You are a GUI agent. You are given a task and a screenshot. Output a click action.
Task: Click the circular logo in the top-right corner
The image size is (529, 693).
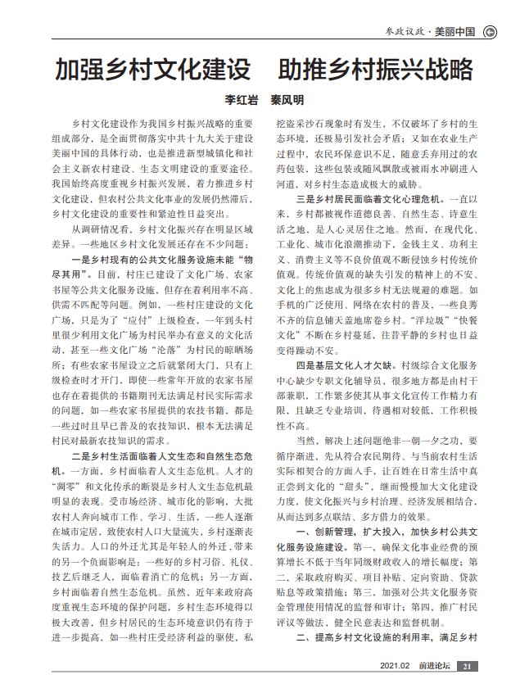click(490, 32)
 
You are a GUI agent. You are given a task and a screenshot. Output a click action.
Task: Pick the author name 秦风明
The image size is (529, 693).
click(287, 100)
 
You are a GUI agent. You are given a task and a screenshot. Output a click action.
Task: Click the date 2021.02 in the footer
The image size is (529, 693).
click(395, 666)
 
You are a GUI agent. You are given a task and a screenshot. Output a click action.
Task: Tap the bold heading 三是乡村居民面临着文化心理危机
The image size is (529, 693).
click(369, 199)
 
